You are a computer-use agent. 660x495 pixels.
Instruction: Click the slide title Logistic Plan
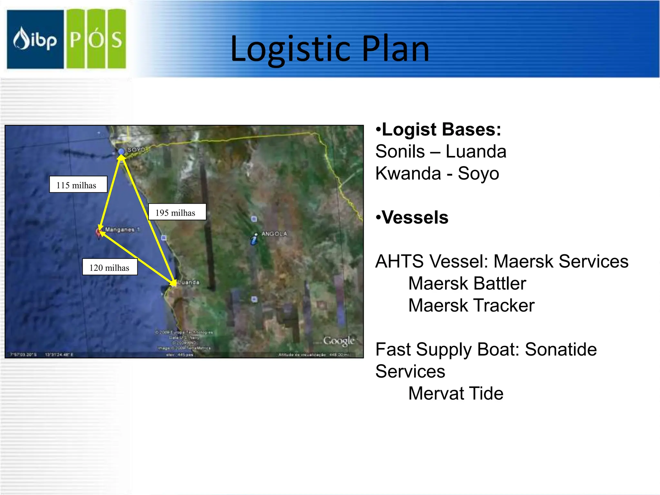pos(330,49)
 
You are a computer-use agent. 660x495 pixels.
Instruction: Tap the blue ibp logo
pos(35,39)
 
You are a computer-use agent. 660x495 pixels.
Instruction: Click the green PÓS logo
pos(96,39)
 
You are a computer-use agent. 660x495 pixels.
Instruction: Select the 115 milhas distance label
pos(78,185)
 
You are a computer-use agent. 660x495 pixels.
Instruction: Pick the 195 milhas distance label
pos(177,212)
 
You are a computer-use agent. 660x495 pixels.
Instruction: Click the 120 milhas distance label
pos(110,267)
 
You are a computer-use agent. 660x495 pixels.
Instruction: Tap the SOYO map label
pos(136,150)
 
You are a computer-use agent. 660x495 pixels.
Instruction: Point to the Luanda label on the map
pos(189,282)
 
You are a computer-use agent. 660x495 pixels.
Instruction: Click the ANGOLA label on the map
pos(274,234)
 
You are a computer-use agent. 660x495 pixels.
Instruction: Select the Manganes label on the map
pos(120,229)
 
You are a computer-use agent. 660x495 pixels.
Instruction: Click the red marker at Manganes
pos(99,232)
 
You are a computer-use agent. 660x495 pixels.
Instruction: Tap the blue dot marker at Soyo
pos(121,151)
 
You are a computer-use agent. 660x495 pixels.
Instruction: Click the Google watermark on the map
pos(338,341)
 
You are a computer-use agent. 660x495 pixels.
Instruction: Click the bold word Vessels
pos(415,218)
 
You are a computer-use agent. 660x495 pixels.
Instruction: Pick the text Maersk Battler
pos(467,284)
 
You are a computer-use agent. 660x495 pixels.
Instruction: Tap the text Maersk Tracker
pos(471,306)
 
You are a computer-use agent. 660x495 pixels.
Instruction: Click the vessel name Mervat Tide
pos(456,393)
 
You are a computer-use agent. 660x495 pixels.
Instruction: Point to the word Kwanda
pos(408,174)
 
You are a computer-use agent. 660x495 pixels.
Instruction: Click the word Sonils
pos(400,151)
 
